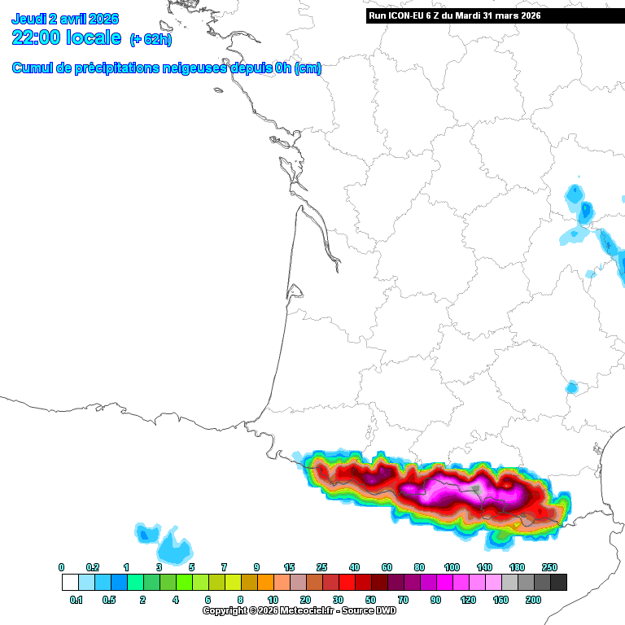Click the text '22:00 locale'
[x=67, y=37]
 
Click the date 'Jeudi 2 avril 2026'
[x=65, y=19]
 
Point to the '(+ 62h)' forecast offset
[x=151, y=39]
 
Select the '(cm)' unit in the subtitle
[x=308, y=68]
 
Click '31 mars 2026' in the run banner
[x=511, y=15]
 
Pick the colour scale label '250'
[x=550, y=567]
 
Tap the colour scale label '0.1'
[x=77, y=600]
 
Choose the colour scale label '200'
[x=533, y=600]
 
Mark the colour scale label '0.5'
[x=110, y=600]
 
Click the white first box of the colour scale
[x=70, y=583]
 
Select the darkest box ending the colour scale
[x=558, y=583]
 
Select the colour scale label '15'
[x=289, y=567]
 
